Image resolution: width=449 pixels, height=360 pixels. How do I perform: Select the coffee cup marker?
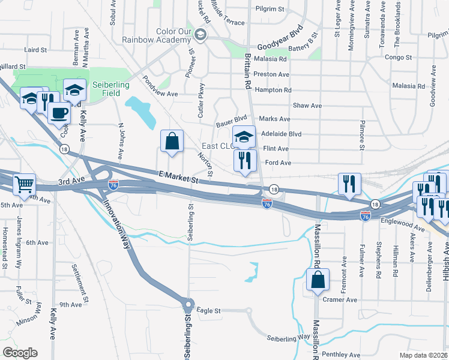59,112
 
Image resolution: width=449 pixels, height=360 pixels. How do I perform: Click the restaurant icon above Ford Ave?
245,160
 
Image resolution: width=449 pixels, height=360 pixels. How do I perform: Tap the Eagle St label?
209,311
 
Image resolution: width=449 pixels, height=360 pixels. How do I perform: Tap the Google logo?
20,353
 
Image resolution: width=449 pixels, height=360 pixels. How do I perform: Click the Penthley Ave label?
340,355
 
